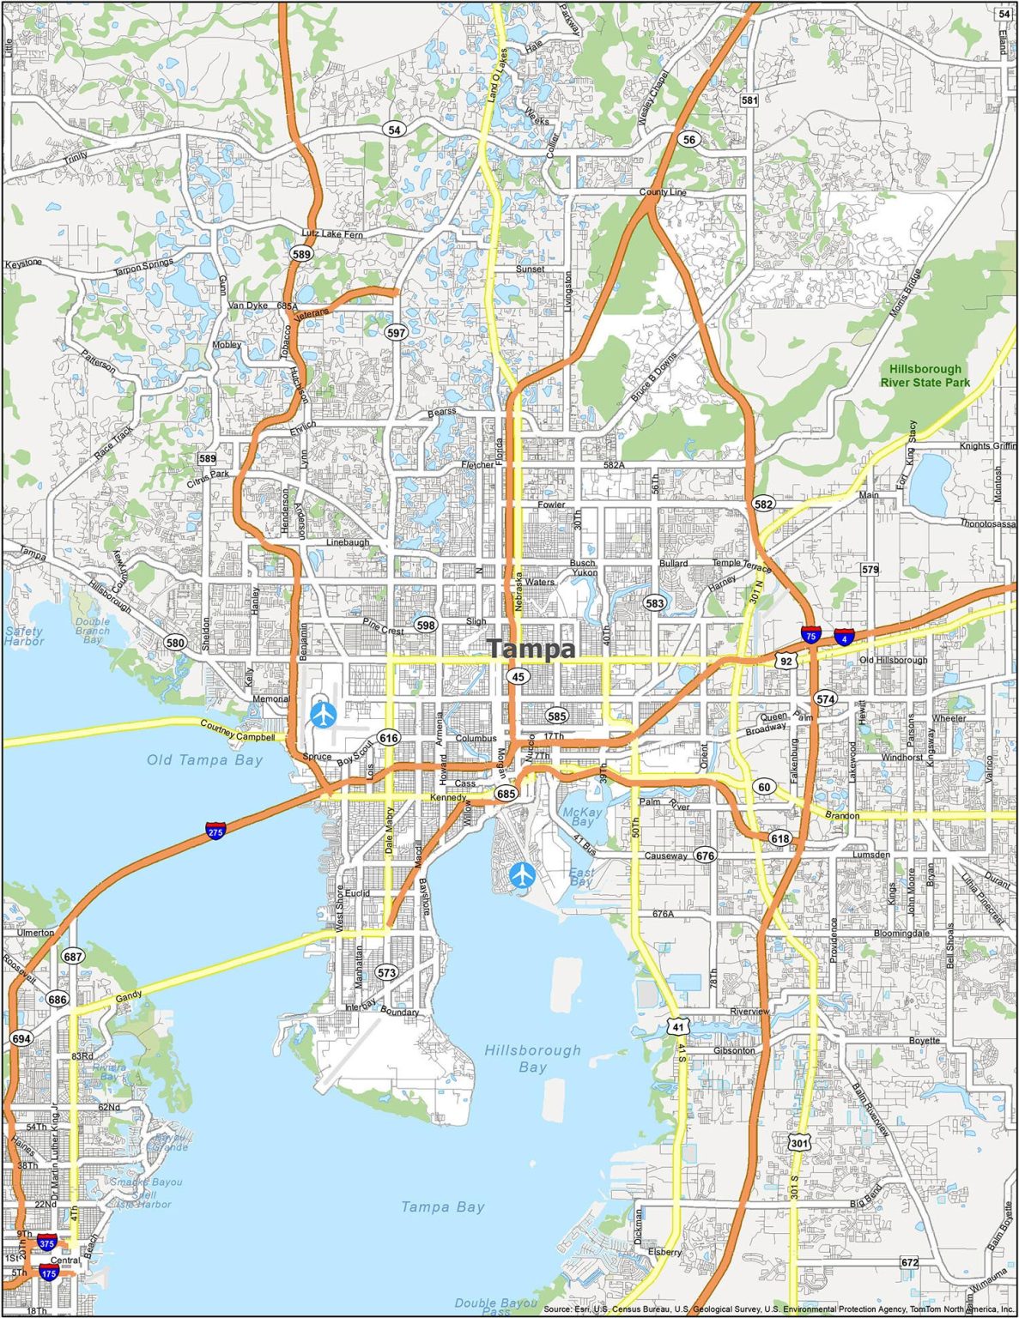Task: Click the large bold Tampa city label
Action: pos(531,649)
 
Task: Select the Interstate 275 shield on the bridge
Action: pos(215,830)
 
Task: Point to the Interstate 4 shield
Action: pos(844,637)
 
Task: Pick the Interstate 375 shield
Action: pos(46,1242)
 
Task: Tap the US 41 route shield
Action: pos(678,1025)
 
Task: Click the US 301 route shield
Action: pos(799,1143)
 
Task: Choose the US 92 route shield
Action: pos(785,661)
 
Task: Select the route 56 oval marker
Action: pos(688,139)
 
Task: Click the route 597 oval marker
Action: pos(396,332)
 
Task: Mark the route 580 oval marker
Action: pos(175,643)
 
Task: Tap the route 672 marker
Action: pos(910,1262)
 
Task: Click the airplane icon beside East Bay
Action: pos(522,875)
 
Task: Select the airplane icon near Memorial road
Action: pos(324,714)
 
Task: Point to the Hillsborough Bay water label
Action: pos(532,1059)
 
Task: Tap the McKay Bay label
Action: pos(579,816)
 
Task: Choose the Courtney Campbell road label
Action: pos(237,731)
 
